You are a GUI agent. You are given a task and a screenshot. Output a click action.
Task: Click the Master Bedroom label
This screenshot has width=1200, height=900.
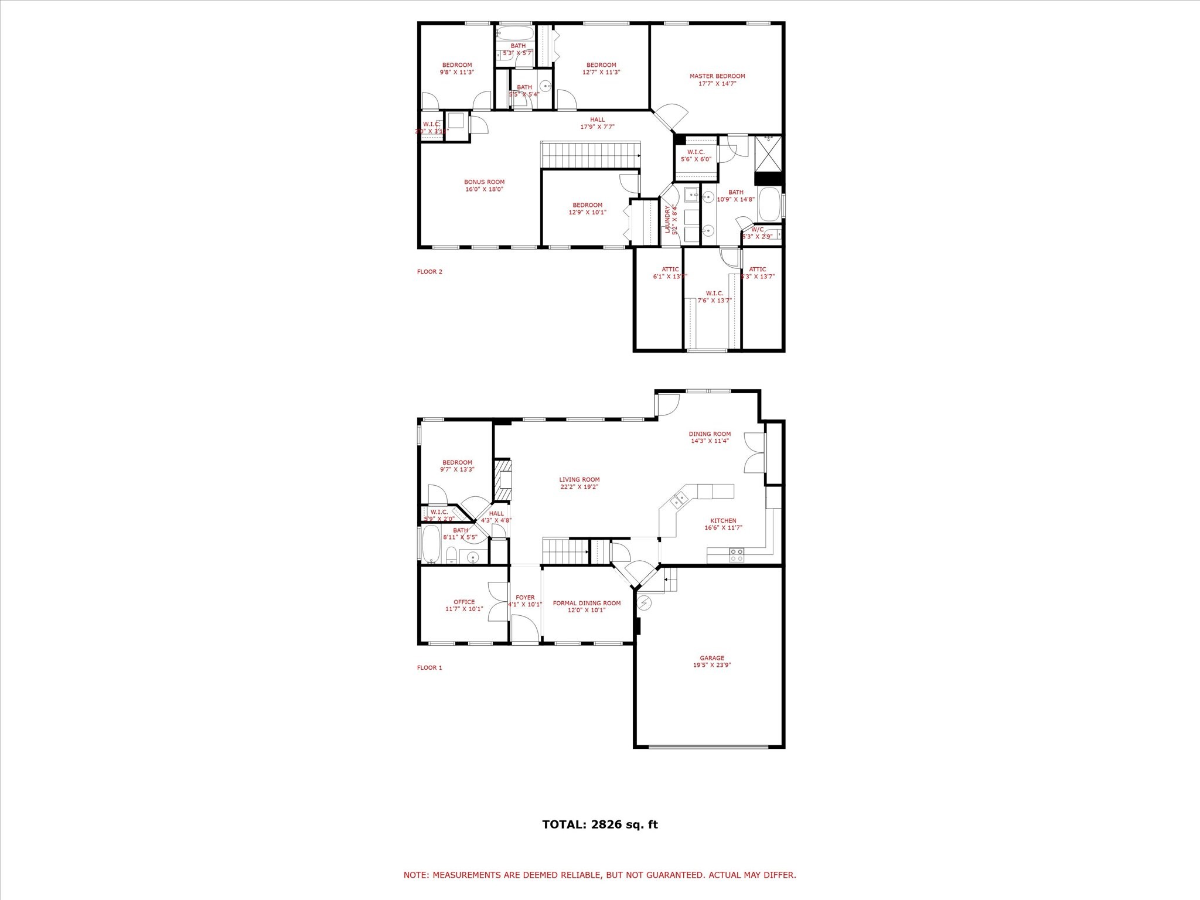pos(717,76)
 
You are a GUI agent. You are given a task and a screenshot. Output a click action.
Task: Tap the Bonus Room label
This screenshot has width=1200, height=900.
pos(484,182)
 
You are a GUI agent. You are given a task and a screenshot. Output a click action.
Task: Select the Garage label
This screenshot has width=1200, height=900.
pos(712,658)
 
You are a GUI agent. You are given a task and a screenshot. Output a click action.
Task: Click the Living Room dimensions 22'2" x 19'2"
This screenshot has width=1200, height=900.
pos(579,487)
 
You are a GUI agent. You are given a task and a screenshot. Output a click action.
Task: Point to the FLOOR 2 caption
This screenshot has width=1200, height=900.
pos(429,272)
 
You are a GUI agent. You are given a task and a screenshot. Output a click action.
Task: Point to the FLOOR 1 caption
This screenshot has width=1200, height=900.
pos(429,668)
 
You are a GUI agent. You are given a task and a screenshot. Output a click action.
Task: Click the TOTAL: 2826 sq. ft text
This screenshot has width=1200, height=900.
pos(600,824)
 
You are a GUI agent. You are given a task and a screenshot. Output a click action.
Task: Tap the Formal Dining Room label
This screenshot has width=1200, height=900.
pos(587,603)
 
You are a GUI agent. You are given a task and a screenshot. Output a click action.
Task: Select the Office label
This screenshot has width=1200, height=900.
pos(464,602)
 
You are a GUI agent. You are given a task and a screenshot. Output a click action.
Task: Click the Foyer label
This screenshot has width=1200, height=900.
pos(525,598)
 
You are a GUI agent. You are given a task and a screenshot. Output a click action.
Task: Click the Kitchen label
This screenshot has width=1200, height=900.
pos(723,521)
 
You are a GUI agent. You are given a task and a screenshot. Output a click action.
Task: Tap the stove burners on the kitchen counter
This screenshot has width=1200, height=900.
pos(737,555)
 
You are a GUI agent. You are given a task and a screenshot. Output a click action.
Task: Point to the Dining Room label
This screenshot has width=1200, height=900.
pos(710,434)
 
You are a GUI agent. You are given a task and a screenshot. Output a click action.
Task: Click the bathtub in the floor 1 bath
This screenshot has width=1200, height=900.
pos(431,543)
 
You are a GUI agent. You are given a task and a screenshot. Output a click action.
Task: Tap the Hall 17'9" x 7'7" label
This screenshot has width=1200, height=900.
pos(597,120)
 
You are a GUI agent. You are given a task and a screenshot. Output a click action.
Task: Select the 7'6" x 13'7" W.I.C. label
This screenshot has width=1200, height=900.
pos(714,294)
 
